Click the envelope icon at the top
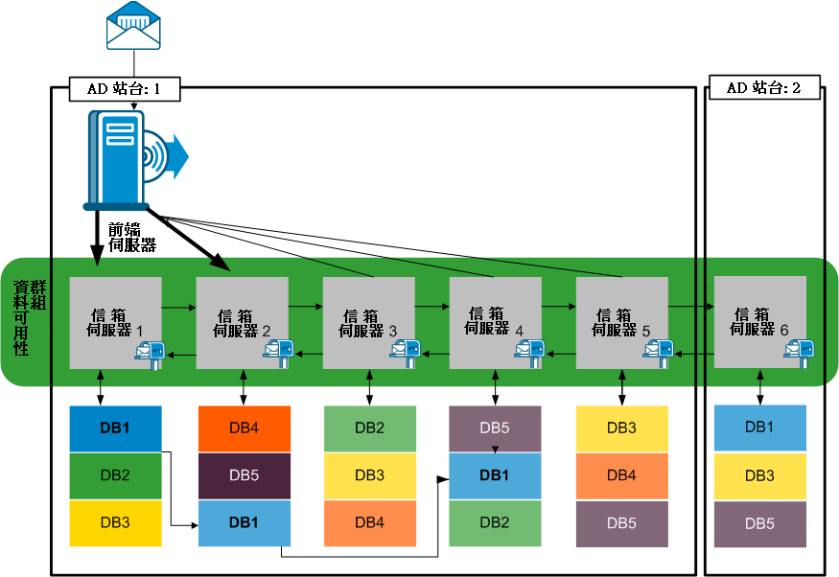point(133,26)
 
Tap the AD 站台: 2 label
point(763,88)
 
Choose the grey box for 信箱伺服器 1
point(115,322)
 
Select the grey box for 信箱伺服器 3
point(368,322)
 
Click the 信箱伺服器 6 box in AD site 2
point(759,321)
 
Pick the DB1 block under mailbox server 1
point(115,427)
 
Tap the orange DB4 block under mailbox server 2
point(244,427)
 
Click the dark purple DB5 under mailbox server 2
point(244,475)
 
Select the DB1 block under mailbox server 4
point(495,475)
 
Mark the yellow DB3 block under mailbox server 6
point(759,475)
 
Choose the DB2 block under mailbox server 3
point(369,427)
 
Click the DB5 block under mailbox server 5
point(622,523)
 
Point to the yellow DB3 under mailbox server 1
point(115,523)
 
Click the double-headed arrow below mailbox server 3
point(369,389)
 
